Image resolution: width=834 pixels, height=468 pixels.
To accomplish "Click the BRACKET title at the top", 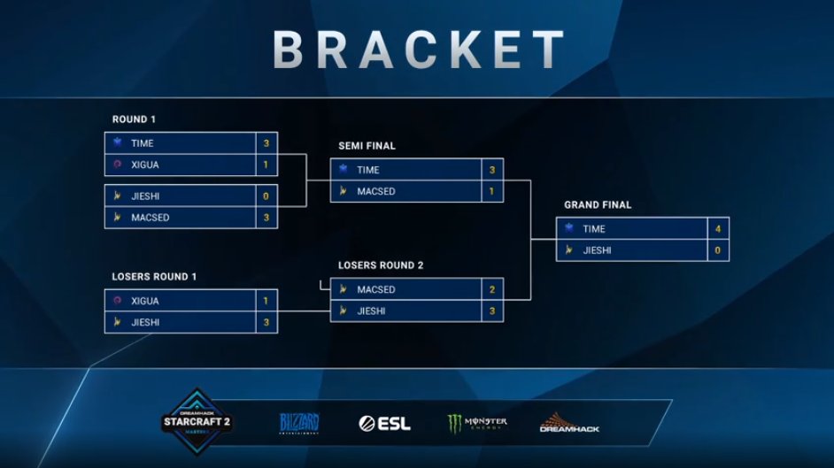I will [418, 49].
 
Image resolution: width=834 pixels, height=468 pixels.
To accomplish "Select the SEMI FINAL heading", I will [367, 146].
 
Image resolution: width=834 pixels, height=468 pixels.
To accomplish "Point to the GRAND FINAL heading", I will [598, 205].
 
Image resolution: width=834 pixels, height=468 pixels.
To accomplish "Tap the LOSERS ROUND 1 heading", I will [154, 277].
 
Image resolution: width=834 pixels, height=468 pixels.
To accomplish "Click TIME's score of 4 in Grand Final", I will [717, 229].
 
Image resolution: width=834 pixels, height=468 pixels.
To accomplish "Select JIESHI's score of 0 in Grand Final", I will [717, 250].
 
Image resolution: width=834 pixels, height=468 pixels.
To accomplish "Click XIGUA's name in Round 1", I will [145, 165].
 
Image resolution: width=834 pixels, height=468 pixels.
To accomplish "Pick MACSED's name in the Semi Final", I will [376, 191].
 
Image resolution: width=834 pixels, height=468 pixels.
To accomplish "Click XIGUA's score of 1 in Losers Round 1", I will [266, 301].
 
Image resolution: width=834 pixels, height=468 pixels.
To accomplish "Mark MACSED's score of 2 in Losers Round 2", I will [491, 289].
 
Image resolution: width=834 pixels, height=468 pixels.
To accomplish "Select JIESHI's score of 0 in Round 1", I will [266, 196].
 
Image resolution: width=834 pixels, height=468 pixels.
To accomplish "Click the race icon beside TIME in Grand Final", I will [569, 228].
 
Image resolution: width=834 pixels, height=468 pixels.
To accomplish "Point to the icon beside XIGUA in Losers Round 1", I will [117, 301].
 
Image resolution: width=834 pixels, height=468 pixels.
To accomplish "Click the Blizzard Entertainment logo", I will [298, 423].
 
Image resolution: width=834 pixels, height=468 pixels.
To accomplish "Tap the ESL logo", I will [384, 424].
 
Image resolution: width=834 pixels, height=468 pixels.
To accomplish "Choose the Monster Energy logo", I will [477, 424].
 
